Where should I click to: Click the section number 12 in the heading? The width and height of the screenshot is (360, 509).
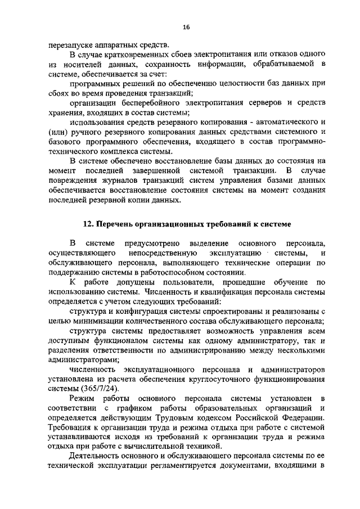[87, 223]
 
